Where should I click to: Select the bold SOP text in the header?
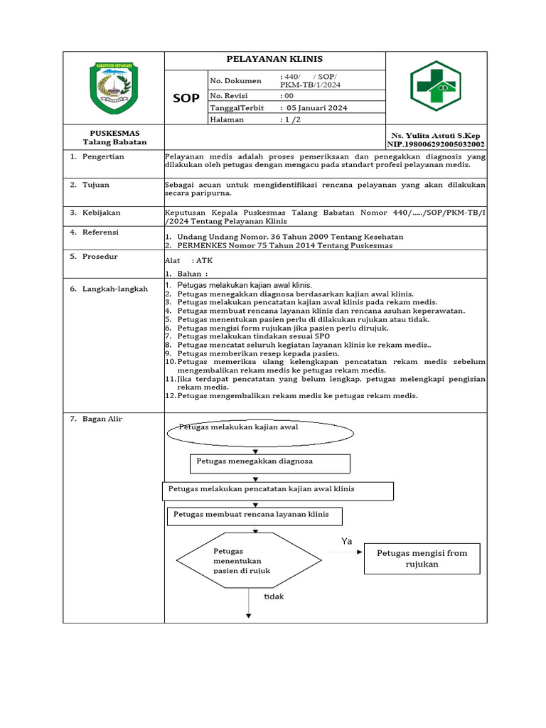point(186,98)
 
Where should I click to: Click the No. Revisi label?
point(227,95)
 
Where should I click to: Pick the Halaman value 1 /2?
point(291,119)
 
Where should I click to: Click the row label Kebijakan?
point(102,212)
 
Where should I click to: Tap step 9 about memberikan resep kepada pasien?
point(258,353)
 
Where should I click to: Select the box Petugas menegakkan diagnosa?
point(270,463)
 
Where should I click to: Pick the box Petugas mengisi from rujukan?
point(422,559)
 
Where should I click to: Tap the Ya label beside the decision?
point(347,541)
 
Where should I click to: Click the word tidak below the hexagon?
point(274,596)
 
